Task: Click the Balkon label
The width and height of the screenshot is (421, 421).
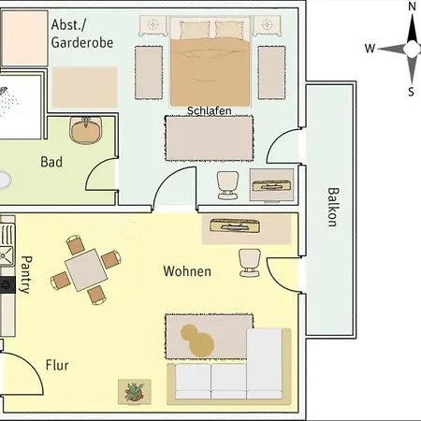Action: pyautogui.click(x=332, y=207)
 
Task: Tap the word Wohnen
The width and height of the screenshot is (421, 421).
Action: pyautogui.click(x=187, y=271)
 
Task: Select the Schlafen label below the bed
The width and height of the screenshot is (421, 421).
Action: pyautogui.click(x=210, y=110)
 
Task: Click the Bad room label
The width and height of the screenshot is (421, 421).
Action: pyautogui.click(x=51, y=162)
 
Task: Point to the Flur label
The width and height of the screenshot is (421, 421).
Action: pyautogui.click(x=57, y=365)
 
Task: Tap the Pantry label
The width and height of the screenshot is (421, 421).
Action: pyautogui.click(x=26, y=275)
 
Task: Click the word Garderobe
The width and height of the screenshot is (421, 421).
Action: pyautogui.click(x=82, y=43)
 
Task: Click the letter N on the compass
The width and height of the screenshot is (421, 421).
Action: pyautogui.click(x=413, y=7)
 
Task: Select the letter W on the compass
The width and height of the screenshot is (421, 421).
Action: pyautogui.click(x=370, y=49)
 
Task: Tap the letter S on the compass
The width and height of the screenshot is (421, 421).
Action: pyautogui.click(x=412, y=92)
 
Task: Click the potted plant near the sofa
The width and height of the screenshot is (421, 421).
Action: pyautogui.click(x=135, y=392)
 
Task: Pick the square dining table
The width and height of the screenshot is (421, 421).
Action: pyautogui.click(x=86, y=270)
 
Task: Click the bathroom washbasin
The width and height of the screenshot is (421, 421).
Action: pyautogui.click(x=86, y=130)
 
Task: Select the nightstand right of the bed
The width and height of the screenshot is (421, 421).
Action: pyautogui.click(x=267, y=25)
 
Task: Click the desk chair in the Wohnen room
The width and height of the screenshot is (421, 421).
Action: pyautogui.click(x=250, y=263)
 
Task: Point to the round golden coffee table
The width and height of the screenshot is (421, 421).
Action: pyautogui.click(x=197, y=341)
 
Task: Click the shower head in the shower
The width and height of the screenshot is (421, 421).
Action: pyautogui.click(x=3, y=91)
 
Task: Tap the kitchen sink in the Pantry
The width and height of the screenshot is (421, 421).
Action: pyautogui.click(x=7, y=255)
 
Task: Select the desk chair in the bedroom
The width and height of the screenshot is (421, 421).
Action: pyautogui.click(x=228, y=185)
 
